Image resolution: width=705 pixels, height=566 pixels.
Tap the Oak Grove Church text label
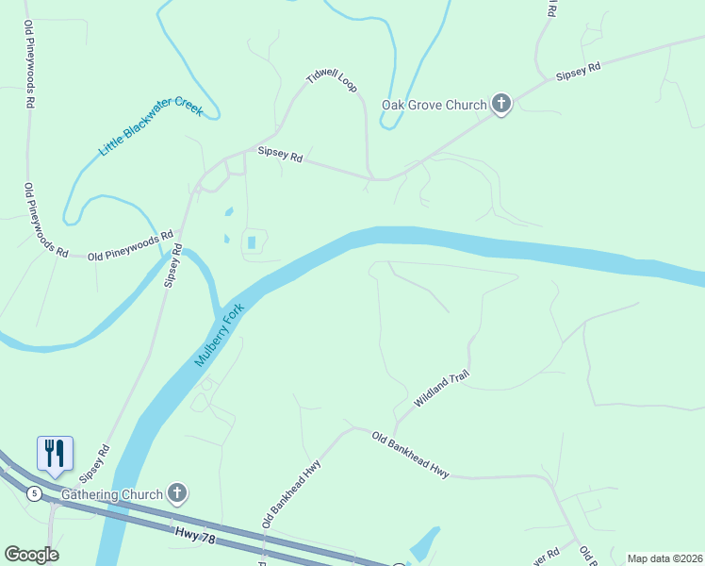(434, 105)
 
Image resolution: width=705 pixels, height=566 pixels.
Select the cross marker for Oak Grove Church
(501, 104)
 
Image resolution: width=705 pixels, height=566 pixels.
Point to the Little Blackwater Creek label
(152, 131)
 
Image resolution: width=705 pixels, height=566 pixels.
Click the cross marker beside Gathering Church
(177, 492)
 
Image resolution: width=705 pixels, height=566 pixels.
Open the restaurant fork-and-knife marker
(55, 453)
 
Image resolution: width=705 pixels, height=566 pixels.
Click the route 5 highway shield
(34, 493)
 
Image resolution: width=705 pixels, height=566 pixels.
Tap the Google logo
(31, 555)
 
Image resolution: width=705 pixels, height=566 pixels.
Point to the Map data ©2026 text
(664, 558)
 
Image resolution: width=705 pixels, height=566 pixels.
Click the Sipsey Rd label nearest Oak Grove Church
(578, 71)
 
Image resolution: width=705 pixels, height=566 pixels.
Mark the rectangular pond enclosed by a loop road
(252, 243)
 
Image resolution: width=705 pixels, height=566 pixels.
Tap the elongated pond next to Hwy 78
(423, 543)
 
